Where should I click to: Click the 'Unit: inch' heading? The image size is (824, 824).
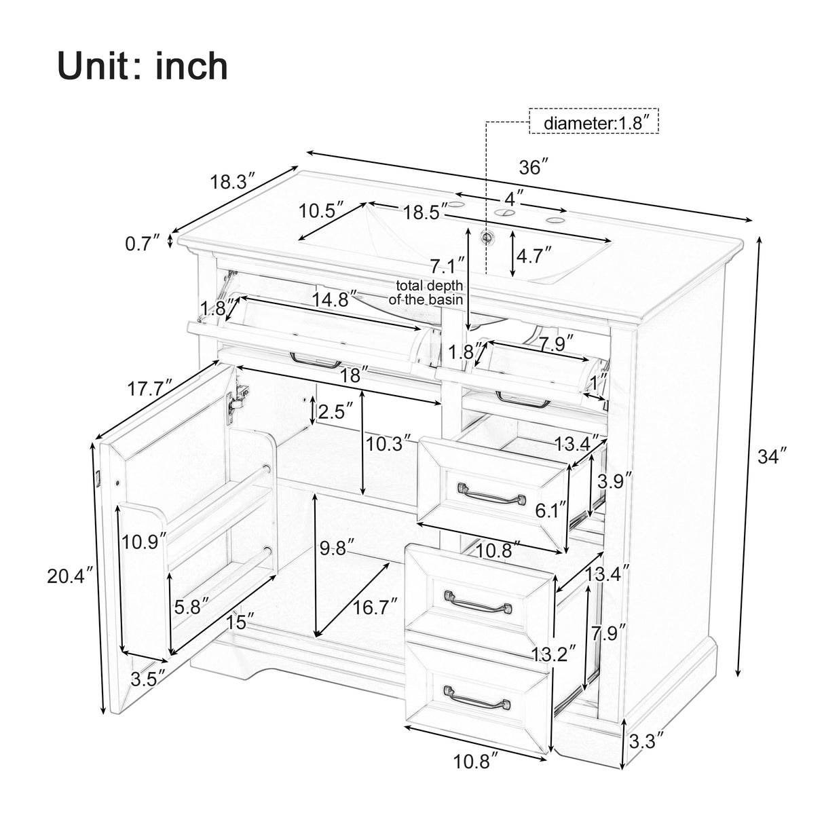coord(143,67)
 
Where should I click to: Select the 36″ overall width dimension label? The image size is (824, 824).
coord(533,167)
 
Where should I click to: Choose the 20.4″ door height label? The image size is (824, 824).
coord(69,576)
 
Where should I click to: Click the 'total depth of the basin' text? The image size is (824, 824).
coord(426,293)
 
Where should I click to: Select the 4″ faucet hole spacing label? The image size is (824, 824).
coord(513,199)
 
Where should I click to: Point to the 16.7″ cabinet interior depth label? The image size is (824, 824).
coord(375,607)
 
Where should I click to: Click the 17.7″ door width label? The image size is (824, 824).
coord(151,389)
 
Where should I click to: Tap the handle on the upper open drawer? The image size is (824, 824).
coord(492,493)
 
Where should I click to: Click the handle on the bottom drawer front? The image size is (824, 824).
coord(477,698)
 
